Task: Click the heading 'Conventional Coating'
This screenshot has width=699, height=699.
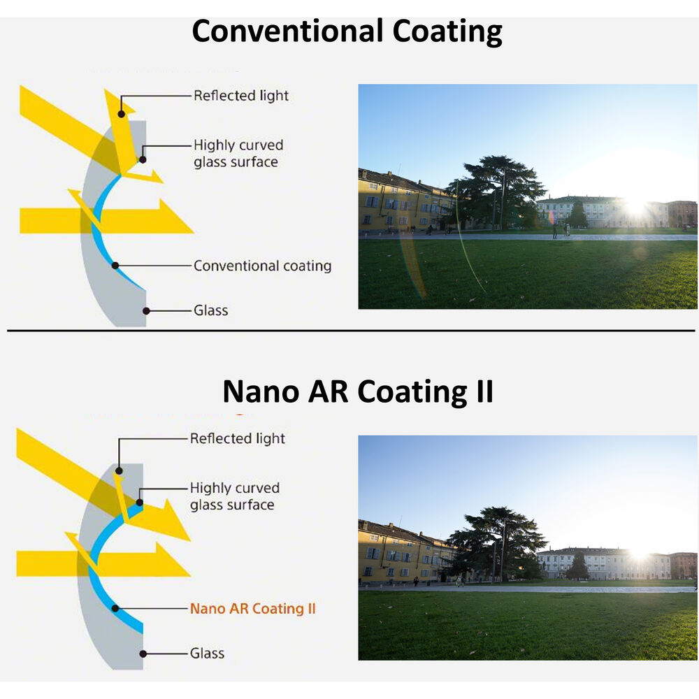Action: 347,31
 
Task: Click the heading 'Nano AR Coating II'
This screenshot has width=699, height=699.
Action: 358,391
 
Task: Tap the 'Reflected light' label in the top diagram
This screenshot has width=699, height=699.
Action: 241,96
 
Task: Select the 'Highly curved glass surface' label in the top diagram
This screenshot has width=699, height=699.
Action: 238,154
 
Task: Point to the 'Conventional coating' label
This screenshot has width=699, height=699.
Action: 262,266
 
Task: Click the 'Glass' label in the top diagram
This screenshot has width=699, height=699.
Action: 211,310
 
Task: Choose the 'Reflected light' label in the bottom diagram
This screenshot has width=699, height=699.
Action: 238,439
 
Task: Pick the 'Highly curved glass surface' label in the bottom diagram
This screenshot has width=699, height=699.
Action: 234,496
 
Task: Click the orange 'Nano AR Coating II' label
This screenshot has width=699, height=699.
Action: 252,609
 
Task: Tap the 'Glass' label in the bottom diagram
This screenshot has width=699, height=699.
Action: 208,654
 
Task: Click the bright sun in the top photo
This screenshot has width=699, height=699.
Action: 636,208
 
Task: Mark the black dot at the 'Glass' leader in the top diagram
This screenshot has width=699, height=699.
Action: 146,310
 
